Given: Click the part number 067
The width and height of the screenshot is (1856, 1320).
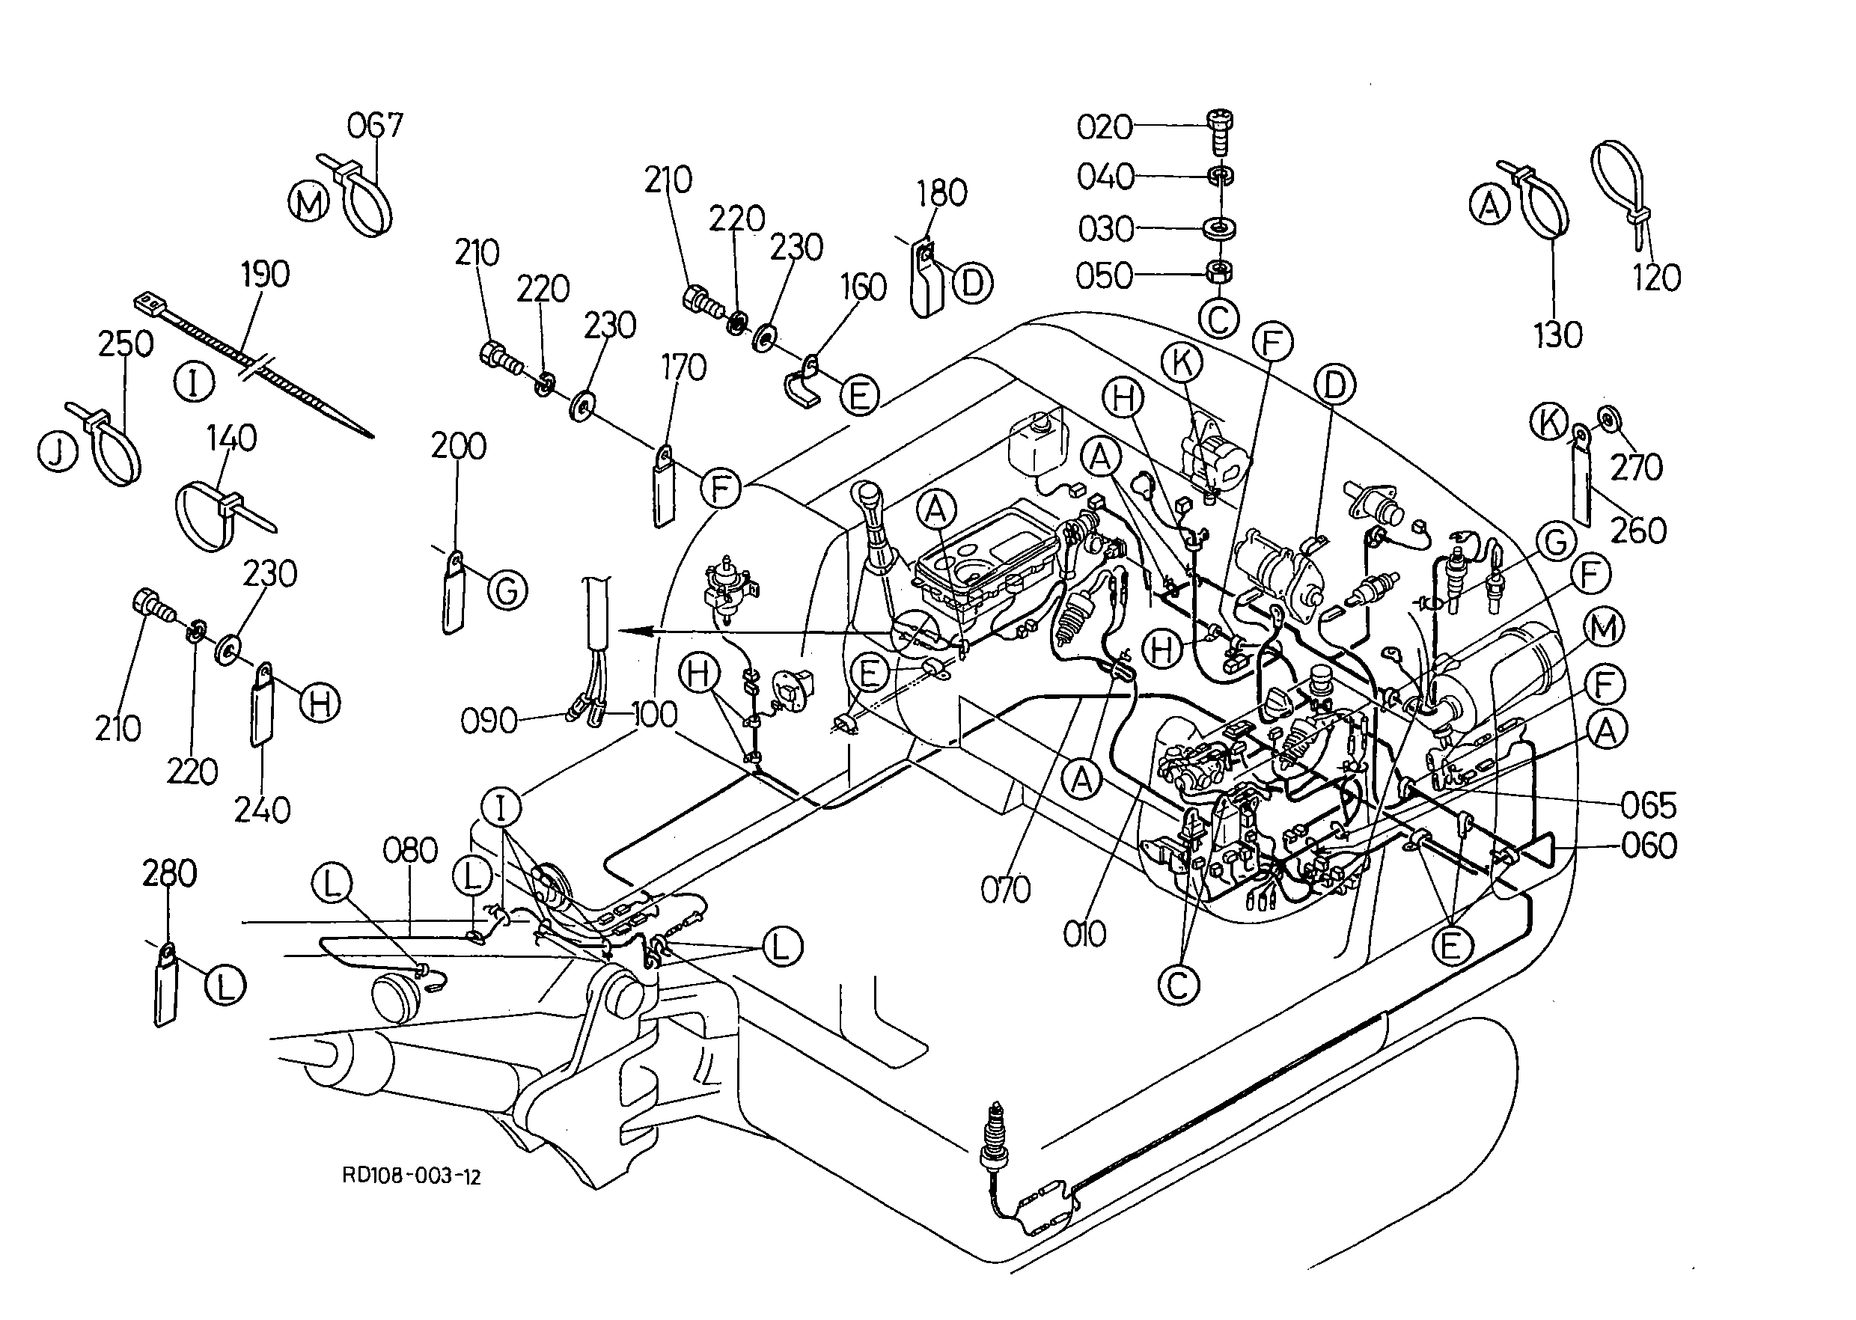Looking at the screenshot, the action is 375,126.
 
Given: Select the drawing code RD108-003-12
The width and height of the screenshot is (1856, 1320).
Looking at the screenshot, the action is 412,1176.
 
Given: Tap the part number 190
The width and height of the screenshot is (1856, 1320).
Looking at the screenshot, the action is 265,275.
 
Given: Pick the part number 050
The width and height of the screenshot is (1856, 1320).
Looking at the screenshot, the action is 1104,276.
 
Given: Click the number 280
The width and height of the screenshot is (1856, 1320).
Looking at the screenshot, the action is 169,874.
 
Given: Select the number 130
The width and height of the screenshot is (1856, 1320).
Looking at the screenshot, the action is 1557,335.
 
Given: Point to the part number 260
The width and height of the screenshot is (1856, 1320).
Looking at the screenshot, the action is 1639,531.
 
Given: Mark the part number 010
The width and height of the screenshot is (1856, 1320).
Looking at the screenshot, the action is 1084,935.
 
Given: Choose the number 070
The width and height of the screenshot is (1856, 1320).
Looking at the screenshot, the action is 1006,890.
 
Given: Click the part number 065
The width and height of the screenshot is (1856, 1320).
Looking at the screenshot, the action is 1649,807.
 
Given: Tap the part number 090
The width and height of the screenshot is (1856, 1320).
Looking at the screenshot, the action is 489,721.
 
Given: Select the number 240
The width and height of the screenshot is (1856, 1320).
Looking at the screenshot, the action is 263,810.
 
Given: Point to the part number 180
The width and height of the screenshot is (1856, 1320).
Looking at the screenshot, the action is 942,194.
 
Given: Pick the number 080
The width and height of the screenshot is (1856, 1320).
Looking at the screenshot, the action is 411,851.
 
